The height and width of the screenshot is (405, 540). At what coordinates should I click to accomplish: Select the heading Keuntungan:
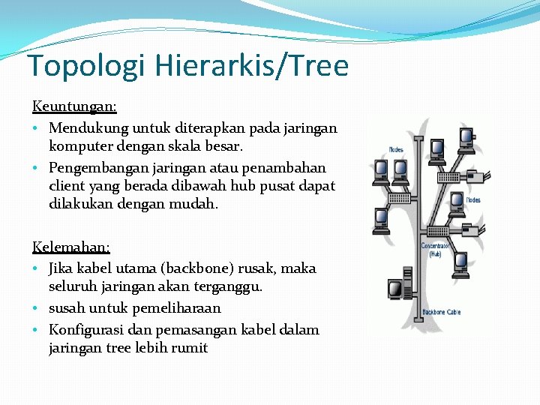click(74, 108)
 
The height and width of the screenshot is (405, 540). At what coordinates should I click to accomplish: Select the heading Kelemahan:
click(71, 247)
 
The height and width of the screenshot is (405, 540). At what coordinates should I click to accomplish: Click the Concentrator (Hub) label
click(436, 250)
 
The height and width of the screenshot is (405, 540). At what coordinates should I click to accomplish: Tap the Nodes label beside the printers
click(473, 199)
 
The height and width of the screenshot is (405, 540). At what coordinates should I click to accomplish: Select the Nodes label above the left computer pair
click(396, 149)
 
